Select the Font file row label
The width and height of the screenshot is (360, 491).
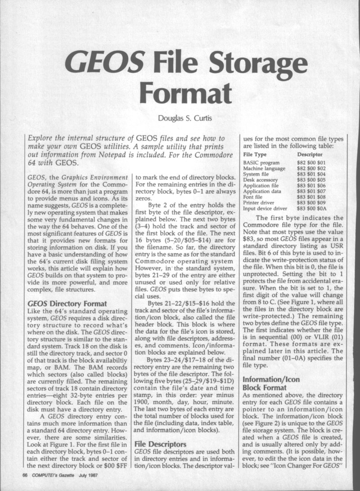[x=254, y=197]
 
